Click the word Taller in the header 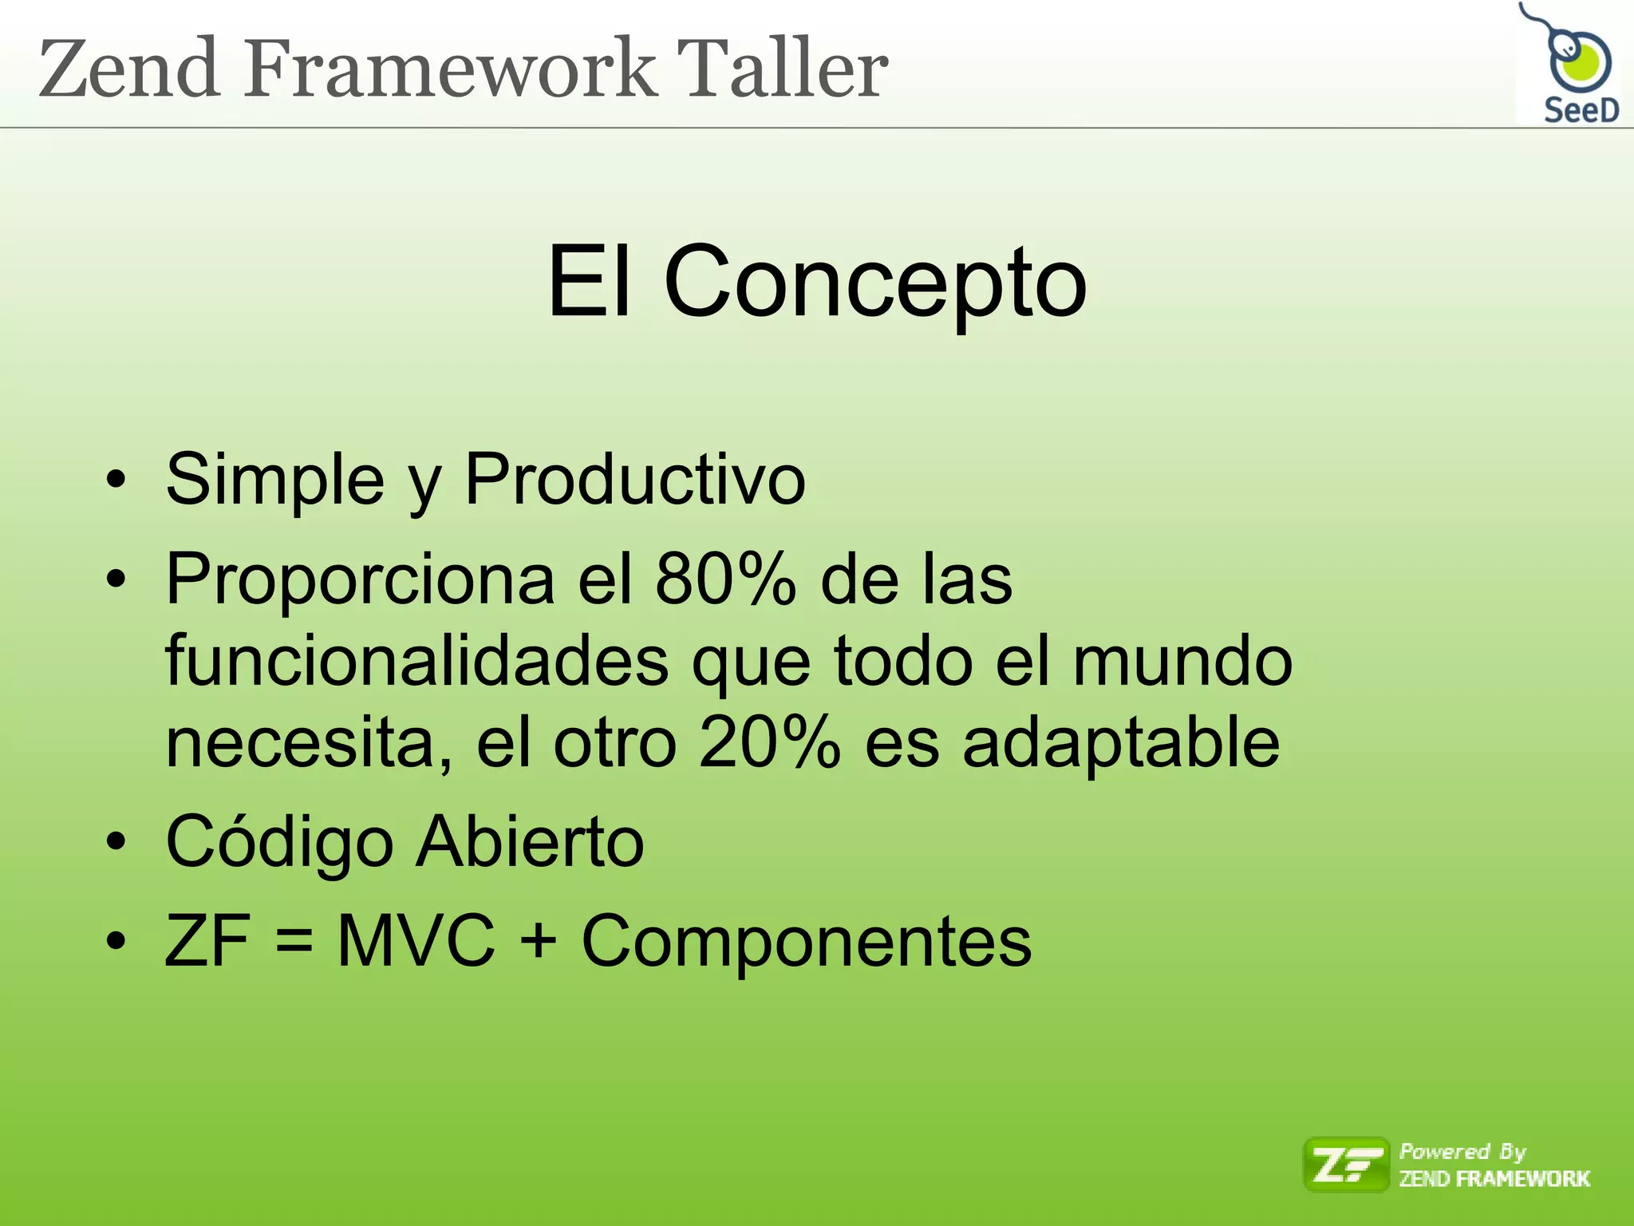click(x=782, y=70)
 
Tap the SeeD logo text click(x=1581, y=110)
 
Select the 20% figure click(x=769, y=742)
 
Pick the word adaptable click(x=1120, y=742)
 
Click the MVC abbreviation click(x=416, y=941)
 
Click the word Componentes click(x=806, y=941)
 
